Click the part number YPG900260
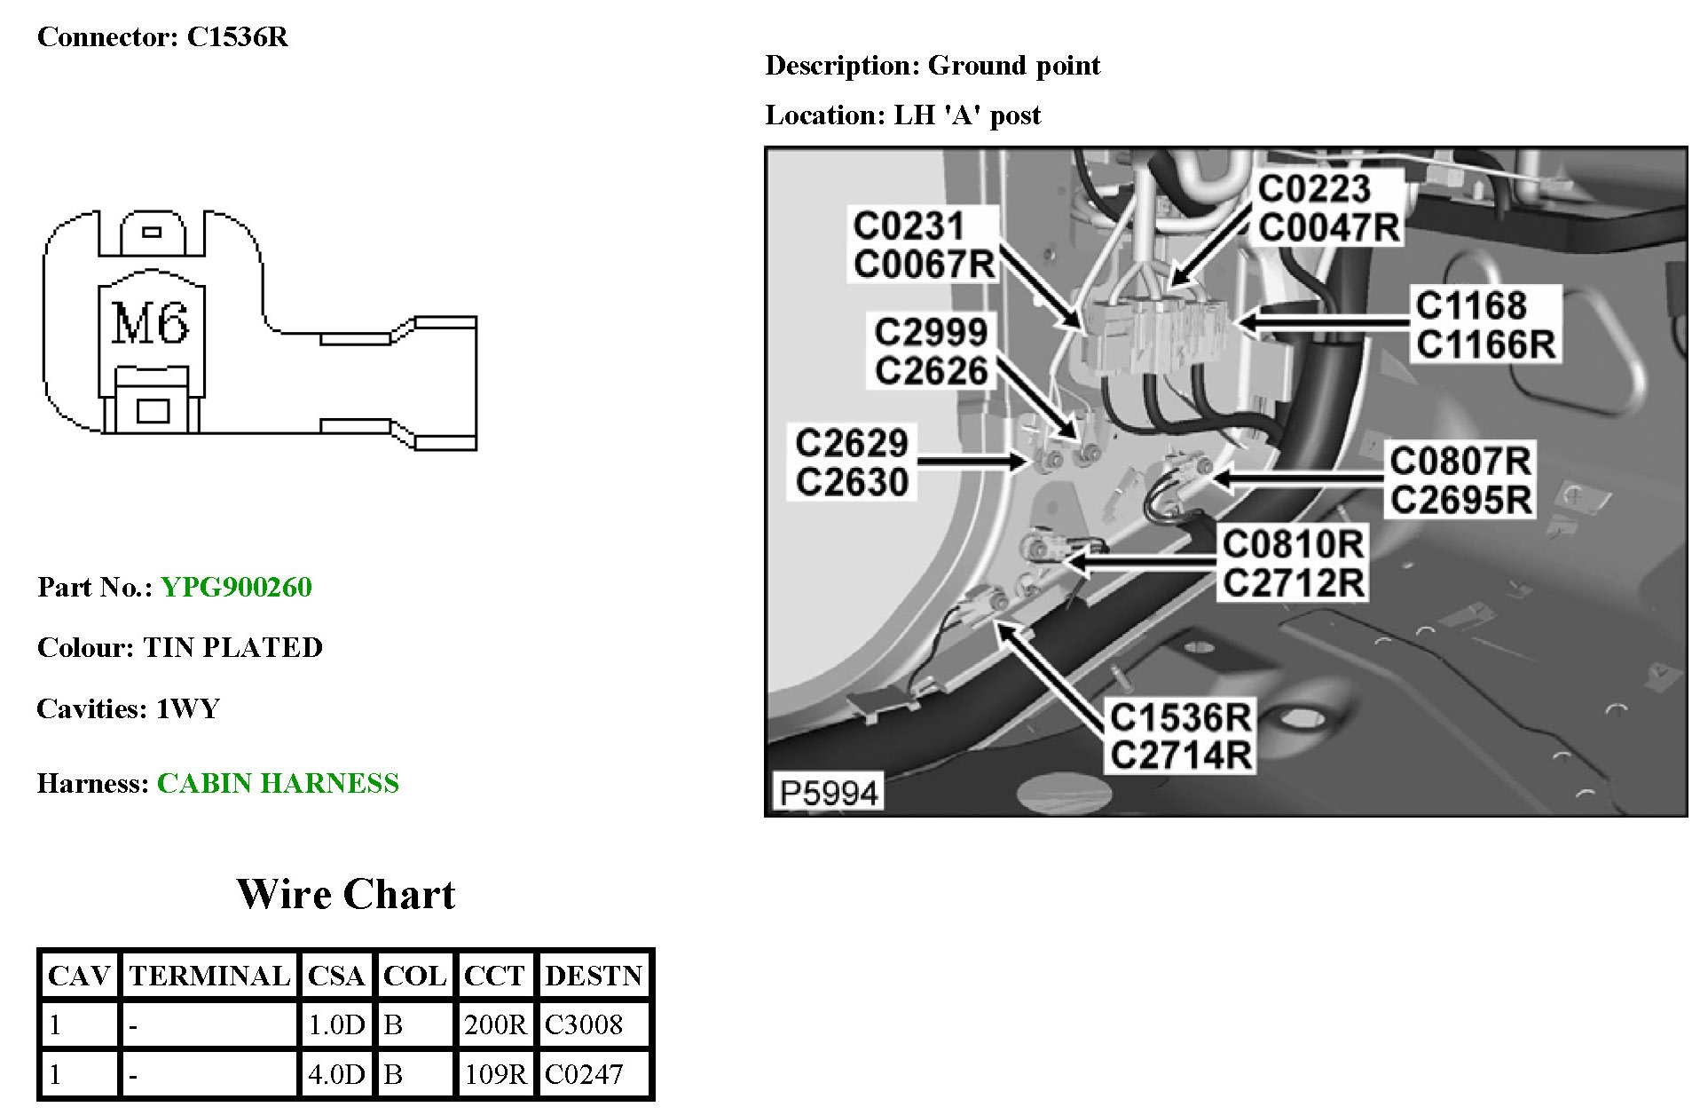tap(236, 587)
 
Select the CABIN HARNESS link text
tap(278, 783)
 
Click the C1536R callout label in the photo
tap(1180, 716)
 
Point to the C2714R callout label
tap(1180, 755)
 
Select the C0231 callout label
tap(908, 225)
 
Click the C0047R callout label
tap(1328, 227)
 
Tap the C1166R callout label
tap(1485, 344)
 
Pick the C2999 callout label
tap(930, 332)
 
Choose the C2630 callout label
tap(852, 482)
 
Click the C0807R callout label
tap(1460, 461)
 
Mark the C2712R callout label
tap(1293, 582)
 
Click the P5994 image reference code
tap(829, 792)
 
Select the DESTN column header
tap(593, 976)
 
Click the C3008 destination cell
tap(584, 1024)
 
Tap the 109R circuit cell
tap(495, 1074)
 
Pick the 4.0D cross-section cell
tap(336, 1074)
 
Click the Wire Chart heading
tap(345, 894)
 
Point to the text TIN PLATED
tap(232, 647)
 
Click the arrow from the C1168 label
tap(1322, 321)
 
